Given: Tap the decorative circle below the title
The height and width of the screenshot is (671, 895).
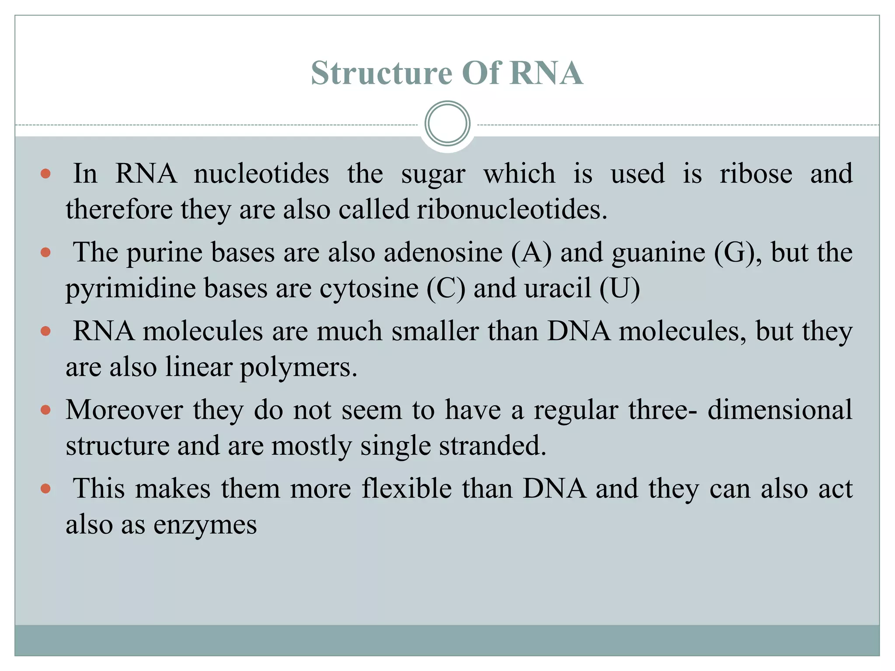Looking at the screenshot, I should [x=447, y=124].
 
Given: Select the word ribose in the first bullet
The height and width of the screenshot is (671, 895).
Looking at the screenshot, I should [x=756, y=173].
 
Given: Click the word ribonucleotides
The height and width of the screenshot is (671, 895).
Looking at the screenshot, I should [x=512, y=209].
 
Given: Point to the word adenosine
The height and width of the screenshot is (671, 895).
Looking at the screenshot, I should [x=443, y=252].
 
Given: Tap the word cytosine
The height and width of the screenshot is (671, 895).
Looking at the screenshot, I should [x=369, y=288].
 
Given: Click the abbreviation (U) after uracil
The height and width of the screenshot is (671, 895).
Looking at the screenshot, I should [x=620, y=288].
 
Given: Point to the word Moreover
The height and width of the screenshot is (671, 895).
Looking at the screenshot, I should [x=124, y=410].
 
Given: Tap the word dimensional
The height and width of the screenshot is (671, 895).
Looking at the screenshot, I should [x=780, y=410].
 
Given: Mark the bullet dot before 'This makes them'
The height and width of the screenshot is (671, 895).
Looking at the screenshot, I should [x=45, y=488].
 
